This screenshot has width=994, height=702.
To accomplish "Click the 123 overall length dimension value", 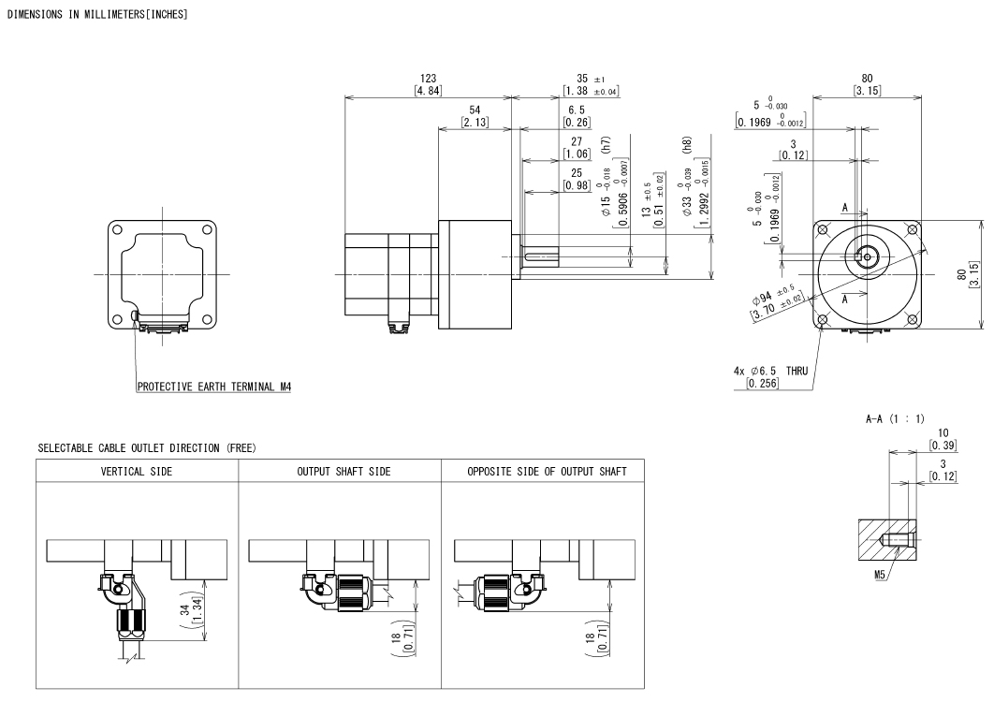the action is [428, 78].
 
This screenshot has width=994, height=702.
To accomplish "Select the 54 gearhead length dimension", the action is [475, 110].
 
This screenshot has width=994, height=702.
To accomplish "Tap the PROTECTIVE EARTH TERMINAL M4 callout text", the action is [214, 387].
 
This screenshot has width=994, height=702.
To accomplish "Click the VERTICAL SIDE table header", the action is [137, 471].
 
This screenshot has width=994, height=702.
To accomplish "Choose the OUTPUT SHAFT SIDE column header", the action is [344, 471].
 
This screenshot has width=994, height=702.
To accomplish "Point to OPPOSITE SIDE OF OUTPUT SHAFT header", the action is [547, 471].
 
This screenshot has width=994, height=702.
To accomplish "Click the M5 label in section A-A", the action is [880, 575].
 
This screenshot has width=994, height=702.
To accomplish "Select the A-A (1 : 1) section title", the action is [895, 418].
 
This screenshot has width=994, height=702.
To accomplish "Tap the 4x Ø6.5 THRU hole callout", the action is [770, 371].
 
